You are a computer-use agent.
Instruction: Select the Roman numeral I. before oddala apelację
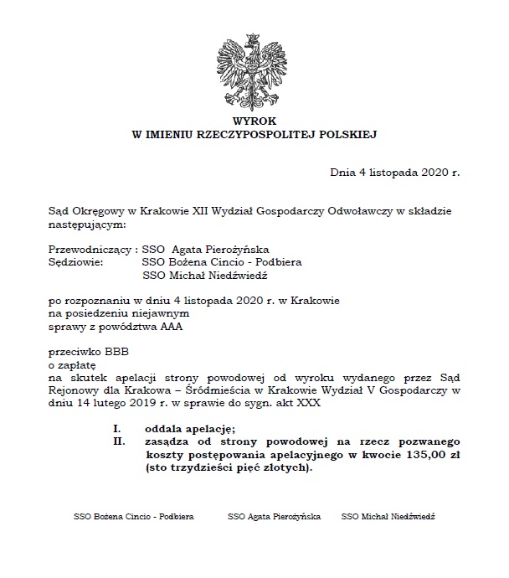pos(118,427)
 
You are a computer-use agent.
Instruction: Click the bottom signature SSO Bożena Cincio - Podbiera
pos(134,518)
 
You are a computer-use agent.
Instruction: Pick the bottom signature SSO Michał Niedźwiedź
pos(388,518)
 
